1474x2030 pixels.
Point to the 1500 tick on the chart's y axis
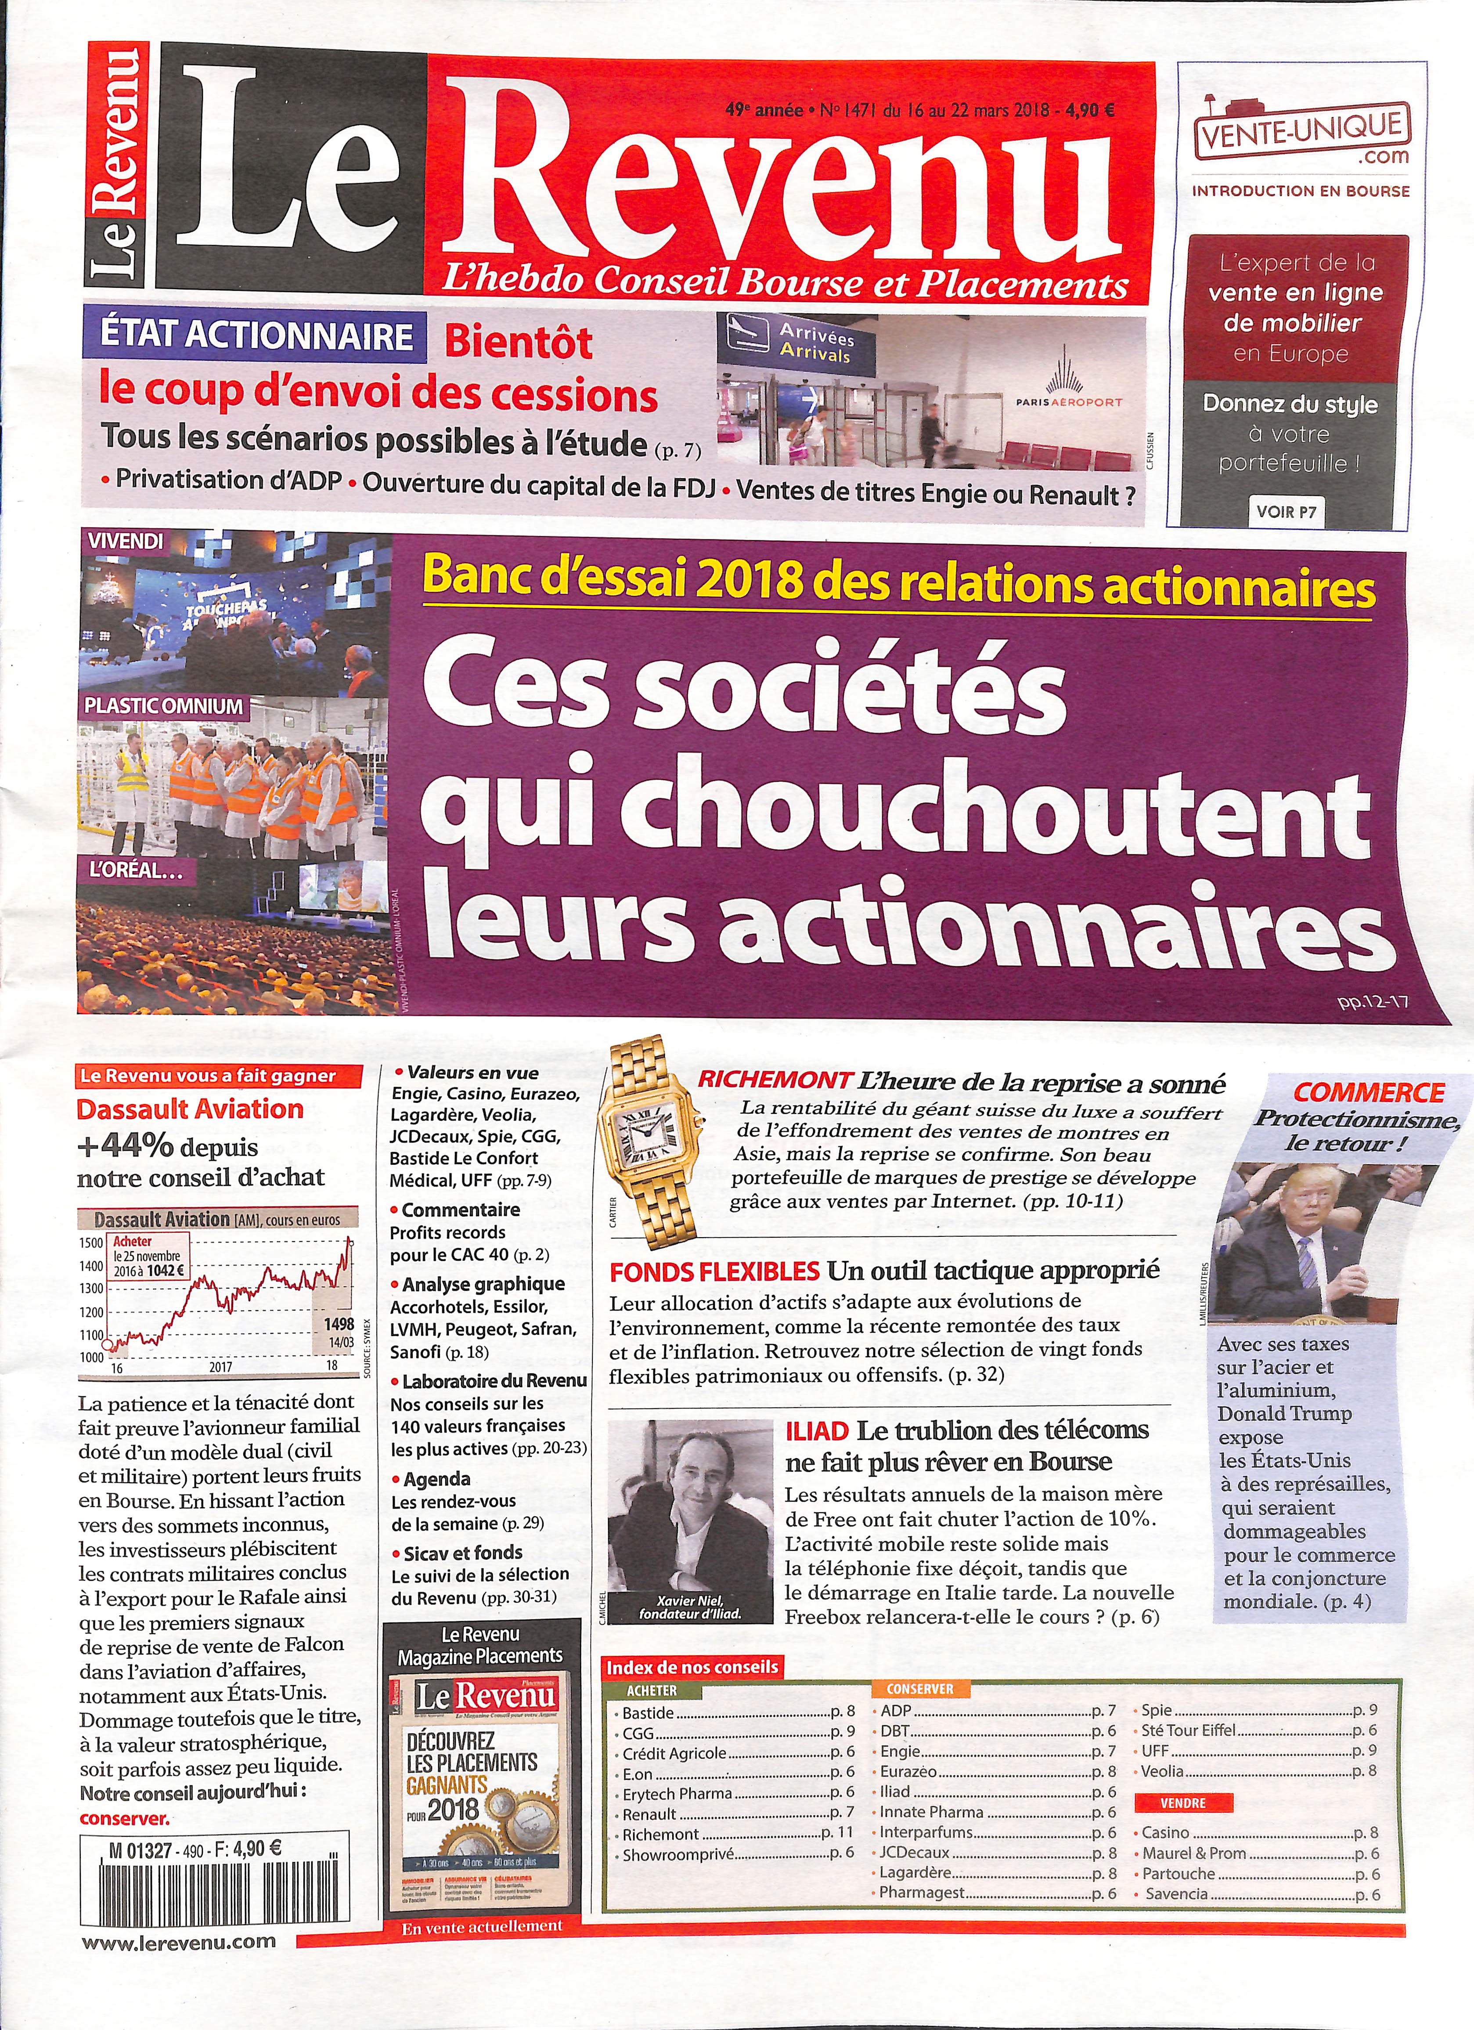(x=90, y=1243)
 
